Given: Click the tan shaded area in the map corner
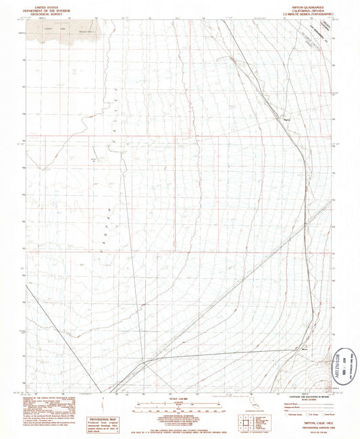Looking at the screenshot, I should click(x=64, y=30).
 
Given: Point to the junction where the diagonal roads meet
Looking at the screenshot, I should click(x=143, y=363).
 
